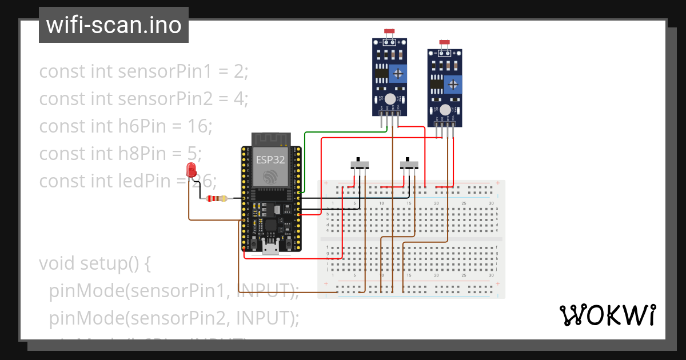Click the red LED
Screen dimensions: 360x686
click(x=191, y=170)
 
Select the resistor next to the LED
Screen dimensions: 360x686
click(x=216, y=198)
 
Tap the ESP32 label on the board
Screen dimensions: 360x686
click(x=270, y=160)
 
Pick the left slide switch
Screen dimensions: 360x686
click(x=359, y=165)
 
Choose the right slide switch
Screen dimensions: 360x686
click(x=409, y=165)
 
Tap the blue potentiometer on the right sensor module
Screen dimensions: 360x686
click(x=453, y=85)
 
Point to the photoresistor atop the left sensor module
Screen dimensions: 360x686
click(x=390, y=32)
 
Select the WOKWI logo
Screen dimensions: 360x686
click(x=607, y=315)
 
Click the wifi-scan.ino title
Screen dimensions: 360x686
click(x=113, y=25)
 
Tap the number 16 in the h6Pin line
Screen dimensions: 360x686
click(x=196, y=126)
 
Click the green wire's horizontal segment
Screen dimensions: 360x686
click(x=346, y=133)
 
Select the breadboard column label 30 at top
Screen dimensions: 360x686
click(x=491, y=203)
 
